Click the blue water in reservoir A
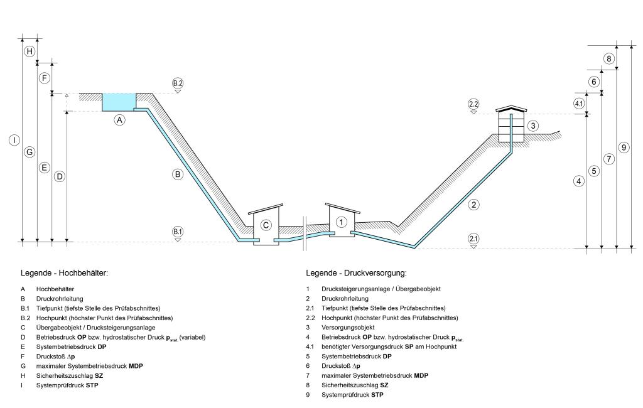[x=119, y=102]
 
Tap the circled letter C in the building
[x=266, y=225]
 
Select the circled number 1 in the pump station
[x=341, y=222]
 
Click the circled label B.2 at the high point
[x=177, y=83]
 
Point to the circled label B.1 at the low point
[x=177, y=232]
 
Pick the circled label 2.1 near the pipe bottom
[x=473, y=239]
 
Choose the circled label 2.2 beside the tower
[x=473, y=104]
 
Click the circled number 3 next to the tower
[x=532, y=126]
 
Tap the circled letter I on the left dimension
[x=14, y=140]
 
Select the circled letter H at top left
[x=30, y=51]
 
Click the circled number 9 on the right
[x=624, y=148]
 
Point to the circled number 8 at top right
[x=608, y=58]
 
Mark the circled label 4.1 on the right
[x=578, y=104]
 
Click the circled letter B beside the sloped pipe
[x=177, y=174]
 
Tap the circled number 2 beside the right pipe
[x=473, y=205]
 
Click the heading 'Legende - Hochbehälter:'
[x=65, y=273]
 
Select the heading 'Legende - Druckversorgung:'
[x=357, y=273]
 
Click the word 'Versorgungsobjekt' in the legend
[x=348, y=328]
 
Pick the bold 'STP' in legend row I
[x=92, y=385]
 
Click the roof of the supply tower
[x=511, y=109]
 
